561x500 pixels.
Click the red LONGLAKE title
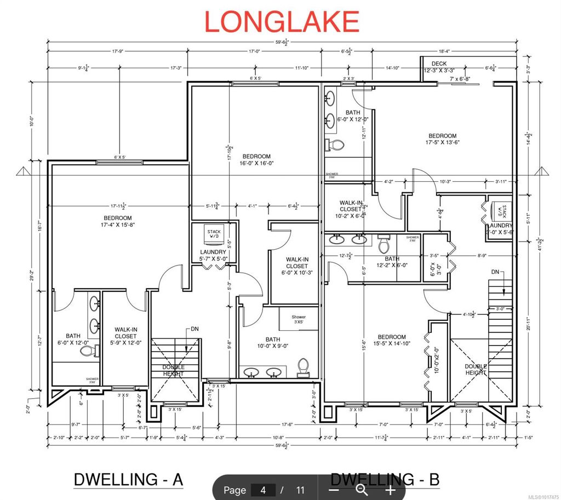[282, 21]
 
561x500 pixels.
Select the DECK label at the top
[439, 64]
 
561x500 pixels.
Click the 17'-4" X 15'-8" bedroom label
[118, 221]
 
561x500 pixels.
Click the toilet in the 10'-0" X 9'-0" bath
[303, 367]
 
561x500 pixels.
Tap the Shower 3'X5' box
[299, 319]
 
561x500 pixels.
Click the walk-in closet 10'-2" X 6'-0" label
[351, 209]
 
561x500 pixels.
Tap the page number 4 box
[263, 490]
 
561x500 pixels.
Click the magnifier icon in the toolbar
[361, 490]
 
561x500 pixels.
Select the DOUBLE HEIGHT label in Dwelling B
[476, 370]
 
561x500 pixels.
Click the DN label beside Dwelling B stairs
[496, 272]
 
